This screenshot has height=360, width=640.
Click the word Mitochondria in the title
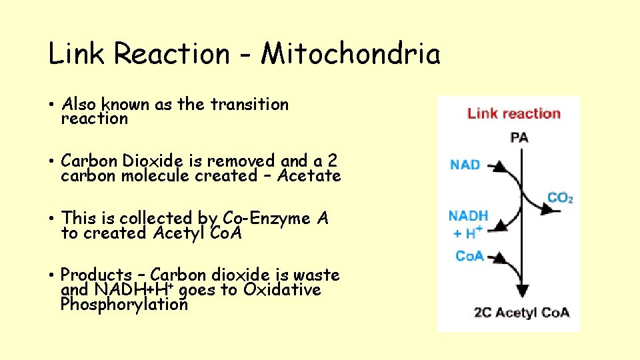coord(351,54)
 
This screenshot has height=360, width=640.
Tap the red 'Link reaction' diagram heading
coord(513,113)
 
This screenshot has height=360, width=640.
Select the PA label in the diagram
coord(519,138)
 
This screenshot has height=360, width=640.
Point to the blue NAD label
coord(465,164)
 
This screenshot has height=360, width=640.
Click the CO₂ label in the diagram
coord(560,198)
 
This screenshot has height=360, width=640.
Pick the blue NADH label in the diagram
coord(468,216)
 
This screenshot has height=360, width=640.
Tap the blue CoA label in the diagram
coord(469,256)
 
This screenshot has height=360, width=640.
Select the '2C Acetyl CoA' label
coord(522,312)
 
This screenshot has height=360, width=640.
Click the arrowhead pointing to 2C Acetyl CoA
coord(522,291)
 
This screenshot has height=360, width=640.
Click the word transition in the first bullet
coord(249,105)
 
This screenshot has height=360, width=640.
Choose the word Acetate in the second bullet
coord(309,176)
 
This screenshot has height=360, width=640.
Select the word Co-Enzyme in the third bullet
coord(256,218)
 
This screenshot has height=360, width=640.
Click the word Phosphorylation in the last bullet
coord(124,305)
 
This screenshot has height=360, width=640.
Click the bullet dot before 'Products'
coord(51,275)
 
